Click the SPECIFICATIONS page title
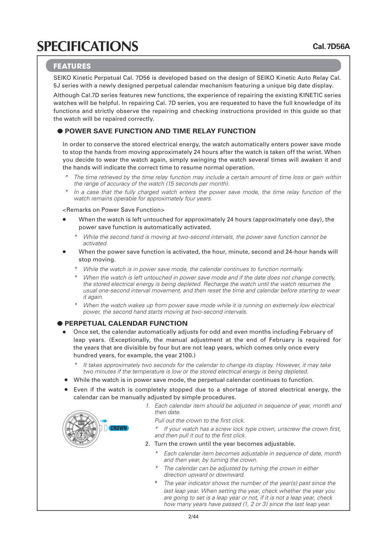pyautogui.click(x=87, y=46)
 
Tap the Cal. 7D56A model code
pyautogui.click(x=331, y=46)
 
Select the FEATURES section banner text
pyautogui.click(x=72, y=66)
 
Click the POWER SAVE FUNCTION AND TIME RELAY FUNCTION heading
pyautogui.click(x=160, y=131)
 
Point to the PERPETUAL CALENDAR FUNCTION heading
pyautogui.click(x=126, y=323)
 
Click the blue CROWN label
pyautogui.click(x=119, y=428)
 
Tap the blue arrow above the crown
pyautogui.click(x=104, y=421)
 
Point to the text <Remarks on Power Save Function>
pyautogui.click(x=114, y=210)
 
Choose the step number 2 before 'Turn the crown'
pyautogui.click(x=147, y=444)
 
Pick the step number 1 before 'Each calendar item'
pyautogui.click(x=147, y=406)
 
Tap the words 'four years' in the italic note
pyautogui.click(x=200, y=198)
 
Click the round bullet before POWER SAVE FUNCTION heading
pyautogui.click(x=60, y=131)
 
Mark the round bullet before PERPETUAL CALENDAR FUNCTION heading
pyautogui.click(x=60, y=323)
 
